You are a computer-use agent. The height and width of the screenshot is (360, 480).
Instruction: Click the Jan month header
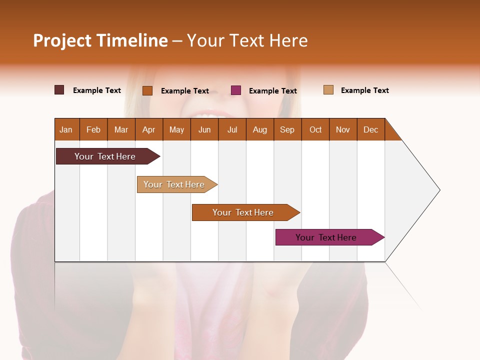[x=66, y=129]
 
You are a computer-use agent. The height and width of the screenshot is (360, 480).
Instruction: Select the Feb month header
[x=93, y=129]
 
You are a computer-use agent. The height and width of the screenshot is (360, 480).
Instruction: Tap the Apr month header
[x=148, y=129]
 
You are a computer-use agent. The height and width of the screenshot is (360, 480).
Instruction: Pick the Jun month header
[x=204, y=129]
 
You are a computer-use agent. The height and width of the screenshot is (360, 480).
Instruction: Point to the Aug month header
[x=259, y=129]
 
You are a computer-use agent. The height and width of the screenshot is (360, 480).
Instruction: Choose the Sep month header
[x=287, y=129]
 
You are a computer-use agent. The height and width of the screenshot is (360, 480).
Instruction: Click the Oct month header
[x=315, y=129]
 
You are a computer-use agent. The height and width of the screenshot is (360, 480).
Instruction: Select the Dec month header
[x=370, y=129]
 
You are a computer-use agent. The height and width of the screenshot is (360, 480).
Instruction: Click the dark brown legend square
[x=59, y=90]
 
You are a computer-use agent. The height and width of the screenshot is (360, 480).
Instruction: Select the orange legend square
[x=147, y=90]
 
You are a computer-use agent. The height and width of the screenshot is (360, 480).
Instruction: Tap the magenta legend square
[x=236, y=90]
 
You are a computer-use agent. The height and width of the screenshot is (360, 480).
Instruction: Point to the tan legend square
[x=328, y=90]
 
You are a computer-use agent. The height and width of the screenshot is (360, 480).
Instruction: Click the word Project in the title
[x=62, y=40]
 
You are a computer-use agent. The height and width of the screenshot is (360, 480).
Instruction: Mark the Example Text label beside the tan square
[x=364, y=90]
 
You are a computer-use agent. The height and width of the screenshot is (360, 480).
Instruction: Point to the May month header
[x=176, y=129]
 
